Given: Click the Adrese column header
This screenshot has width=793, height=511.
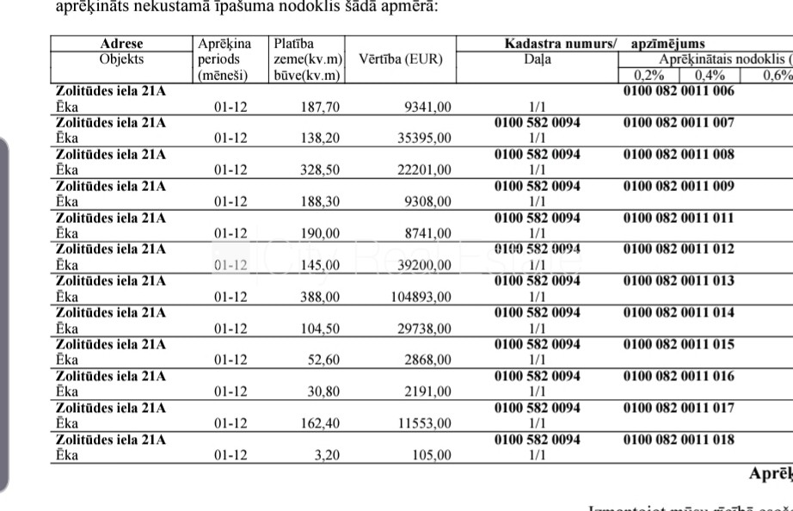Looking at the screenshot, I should click(121, 44).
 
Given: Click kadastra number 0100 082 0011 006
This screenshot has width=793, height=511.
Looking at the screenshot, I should click(679, 91).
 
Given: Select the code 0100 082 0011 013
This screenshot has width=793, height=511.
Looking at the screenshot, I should click(679, 281).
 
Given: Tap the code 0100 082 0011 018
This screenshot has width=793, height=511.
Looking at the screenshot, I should click(679, 440).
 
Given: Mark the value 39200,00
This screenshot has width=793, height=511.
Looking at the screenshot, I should click(423, 265).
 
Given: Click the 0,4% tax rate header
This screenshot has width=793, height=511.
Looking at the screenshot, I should click(711, 75).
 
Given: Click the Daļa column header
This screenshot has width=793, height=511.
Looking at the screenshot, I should click(538, 59).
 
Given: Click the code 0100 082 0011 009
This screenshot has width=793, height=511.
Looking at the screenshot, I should click(679, 186).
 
